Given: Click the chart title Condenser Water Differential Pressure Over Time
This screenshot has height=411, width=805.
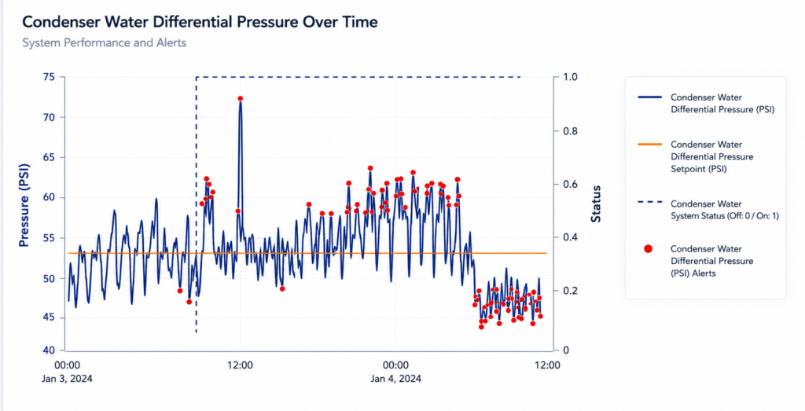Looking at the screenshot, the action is click(x=200, y=22).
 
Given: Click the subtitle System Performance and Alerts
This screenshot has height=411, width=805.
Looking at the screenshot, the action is click(x=105, y=42).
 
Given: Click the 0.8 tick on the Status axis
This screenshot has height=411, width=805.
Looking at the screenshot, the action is click(x=571, y=131).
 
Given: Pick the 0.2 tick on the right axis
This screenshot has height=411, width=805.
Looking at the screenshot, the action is click(x=571, y=291).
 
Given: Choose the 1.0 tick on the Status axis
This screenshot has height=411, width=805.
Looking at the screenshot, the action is click(x=571, y=77).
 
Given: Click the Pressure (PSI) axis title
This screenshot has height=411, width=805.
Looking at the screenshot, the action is click(x=24, y=205).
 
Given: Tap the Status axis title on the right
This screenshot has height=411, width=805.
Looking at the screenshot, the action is click(x=596, y=204).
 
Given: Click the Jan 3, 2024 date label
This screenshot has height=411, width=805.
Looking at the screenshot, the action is click(x=68, y=379).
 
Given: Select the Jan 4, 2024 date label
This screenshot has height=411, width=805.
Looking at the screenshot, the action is click(x=396, y=379).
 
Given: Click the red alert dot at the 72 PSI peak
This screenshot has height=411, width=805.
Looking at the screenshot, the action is click(x=241, y=98).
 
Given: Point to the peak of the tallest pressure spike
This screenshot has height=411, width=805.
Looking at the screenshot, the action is click(x=241, y=100).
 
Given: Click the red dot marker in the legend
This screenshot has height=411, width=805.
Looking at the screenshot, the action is click(x=649, y=249).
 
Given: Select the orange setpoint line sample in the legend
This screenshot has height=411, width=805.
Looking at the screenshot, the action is click(x=649, y=145).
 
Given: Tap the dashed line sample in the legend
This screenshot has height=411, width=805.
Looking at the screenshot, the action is click(x=649, y=202).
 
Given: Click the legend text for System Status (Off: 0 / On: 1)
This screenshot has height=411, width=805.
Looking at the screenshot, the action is click(x=725, y=210).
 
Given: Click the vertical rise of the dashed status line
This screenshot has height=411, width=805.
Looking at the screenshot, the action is click(x=196, y=205).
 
